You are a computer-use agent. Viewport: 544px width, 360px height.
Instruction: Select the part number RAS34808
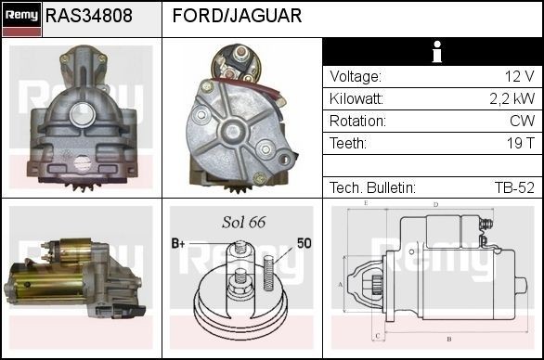[x=89, y=16]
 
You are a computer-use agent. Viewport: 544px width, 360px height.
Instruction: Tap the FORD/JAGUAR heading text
[x=237, y=16]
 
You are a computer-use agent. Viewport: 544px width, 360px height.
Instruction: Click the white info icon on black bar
[x=437, y=52]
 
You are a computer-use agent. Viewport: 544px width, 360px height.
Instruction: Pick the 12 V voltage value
[x=519, y=76]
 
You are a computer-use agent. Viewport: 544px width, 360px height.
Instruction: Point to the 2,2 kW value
[x=512, y=99]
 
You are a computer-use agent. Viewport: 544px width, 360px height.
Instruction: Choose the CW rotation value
[x=522, y=121]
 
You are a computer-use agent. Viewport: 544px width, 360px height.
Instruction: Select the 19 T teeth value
[x=521, y=143]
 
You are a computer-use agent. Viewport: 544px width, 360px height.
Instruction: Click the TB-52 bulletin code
[x=514, y=187]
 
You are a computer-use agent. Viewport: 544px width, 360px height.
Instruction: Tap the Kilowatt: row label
[x=356, y=99]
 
